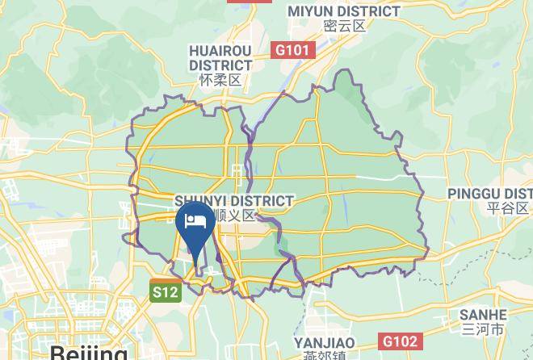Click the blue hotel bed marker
pyautogui.click(x=195, y=225)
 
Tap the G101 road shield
pyautogui.click(x=292, y=51)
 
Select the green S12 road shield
pyautogui.click(x=165, y=292)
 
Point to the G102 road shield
pyautogui.click(x=399, y=341)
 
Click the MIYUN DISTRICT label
pyautogui.click(x=344, y=11)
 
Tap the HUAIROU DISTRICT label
pyautogui.click(x=220, y=57)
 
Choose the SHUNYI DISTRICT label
pyautogui.click(x=234, y=200)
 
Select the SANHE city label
pyautogui.click(x=483, y=315)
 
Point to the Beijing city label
pyautogui.click(x=88, y=353)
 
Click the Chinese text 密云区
pyautogui.click(x=344, y=26)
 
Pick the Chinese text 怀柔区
pyautogui.click(x=220, y=80)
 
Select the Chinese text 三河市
pyautogui.click(x=483, y=329)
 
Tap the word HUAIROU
pyautogui.click(x=220, y=50)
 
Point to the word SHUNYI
pyautogui.click(x=199, y=200)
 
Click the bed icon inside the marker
pyautogui.click(x=195, y=220)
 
